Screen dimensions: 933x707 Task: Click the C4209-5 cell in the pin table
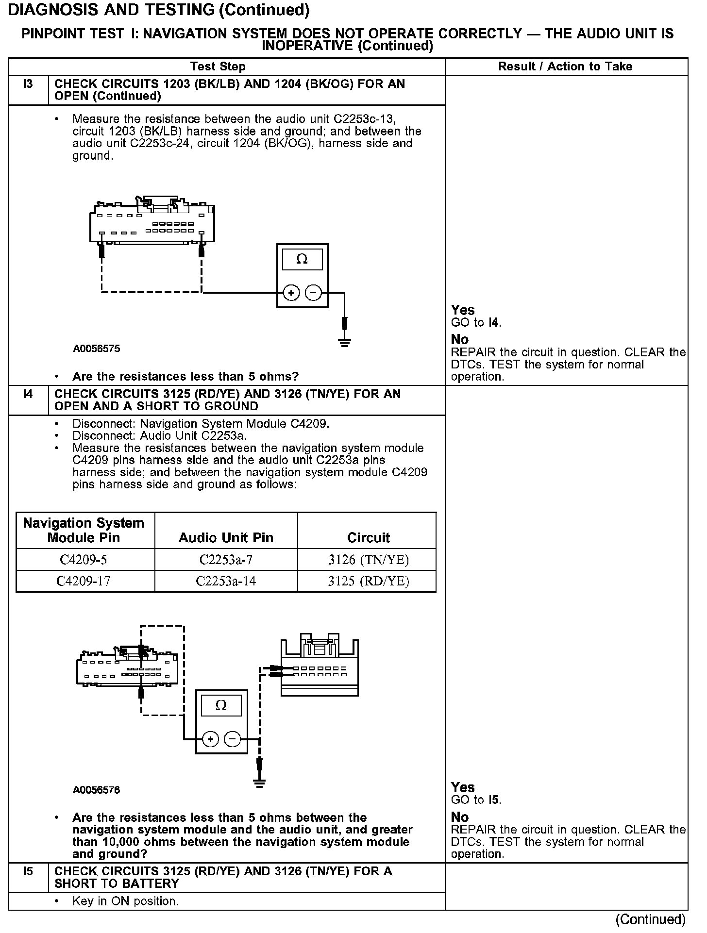(84, 560)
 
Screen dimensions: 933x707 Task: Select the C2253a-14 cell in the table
(226, 581)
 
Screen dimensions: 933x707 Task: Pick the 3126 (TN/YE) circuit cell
(368, 560)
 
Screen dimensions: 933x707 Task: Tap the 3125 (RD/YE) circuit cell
(368, 581)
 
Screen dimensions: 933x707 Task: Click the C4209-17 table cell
(84, 581)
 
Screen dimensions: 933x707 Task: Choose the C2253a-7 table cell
(226, 560)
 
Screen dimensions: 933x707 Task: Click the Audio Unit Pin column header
(226, 537)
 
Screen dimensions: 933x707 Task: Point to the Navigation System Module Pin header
(84, 530)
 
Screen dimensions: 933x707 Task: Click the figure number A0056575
(97, 349)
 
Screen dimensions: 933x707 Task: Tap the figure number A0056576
(97, 790)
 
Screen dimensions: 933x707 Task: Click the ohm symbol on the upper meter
(302, 260)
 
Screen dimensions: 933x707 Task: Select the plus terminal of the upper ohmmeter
(291, 293)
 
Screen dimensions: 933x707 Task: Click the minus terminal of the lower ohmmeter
(233, 739)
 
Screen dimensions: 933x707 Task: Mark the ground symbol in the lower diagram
(259, 783)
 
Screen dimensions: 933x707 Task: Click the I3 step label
(28, 84)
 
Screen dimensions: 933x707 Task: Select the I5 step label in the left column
(28, 871)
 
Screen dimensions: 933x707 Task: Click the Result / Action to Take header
(565, 67)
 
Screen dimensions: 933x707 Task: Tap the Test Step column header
(218, 67)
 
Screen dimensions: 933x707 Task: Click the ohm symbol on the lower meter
(221, 706)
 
